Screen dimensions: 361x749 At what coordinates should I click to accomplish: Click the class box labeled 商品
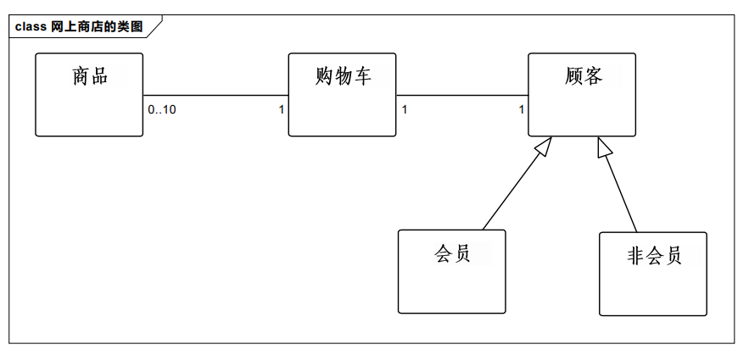[x=89, y=106]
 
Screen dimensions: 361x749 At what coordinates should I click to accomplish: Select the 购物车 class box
[x=342, y=106]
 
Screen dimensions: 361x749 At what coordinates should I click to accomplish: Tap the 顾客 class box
[x=582, y=106]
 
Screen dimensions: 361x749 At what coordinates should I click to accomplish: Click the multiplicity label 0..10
[x=161, y=109]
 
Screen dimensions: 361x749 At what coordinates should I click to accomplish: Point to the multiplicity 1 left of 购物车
[x=282, y=109]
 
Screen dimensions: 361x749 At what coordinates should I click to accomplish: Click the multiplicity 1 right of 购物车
[x=405, y=109]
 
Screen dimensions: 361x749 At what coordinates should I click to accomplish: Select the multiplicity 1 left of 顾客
[x=522, y=109]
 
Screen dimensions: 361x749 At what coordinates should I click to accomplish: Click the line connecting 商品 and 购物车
[x=216, y=95]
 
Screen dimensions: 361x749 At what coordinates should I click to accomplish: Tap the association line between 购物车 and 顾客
[x=462, y=95]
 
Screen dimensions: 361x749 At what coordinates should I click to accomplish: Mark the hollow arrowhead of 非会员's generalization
[x=603, y=147]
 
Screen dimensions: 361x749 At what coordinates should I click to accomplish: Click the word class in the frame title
[x=31, y=26]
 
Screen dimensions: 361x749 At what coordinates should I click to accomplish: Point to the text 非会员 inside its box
[x=654, y=256]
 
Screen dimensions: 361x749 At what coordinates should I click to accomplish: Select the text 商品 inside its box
[x=90, y=76]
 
